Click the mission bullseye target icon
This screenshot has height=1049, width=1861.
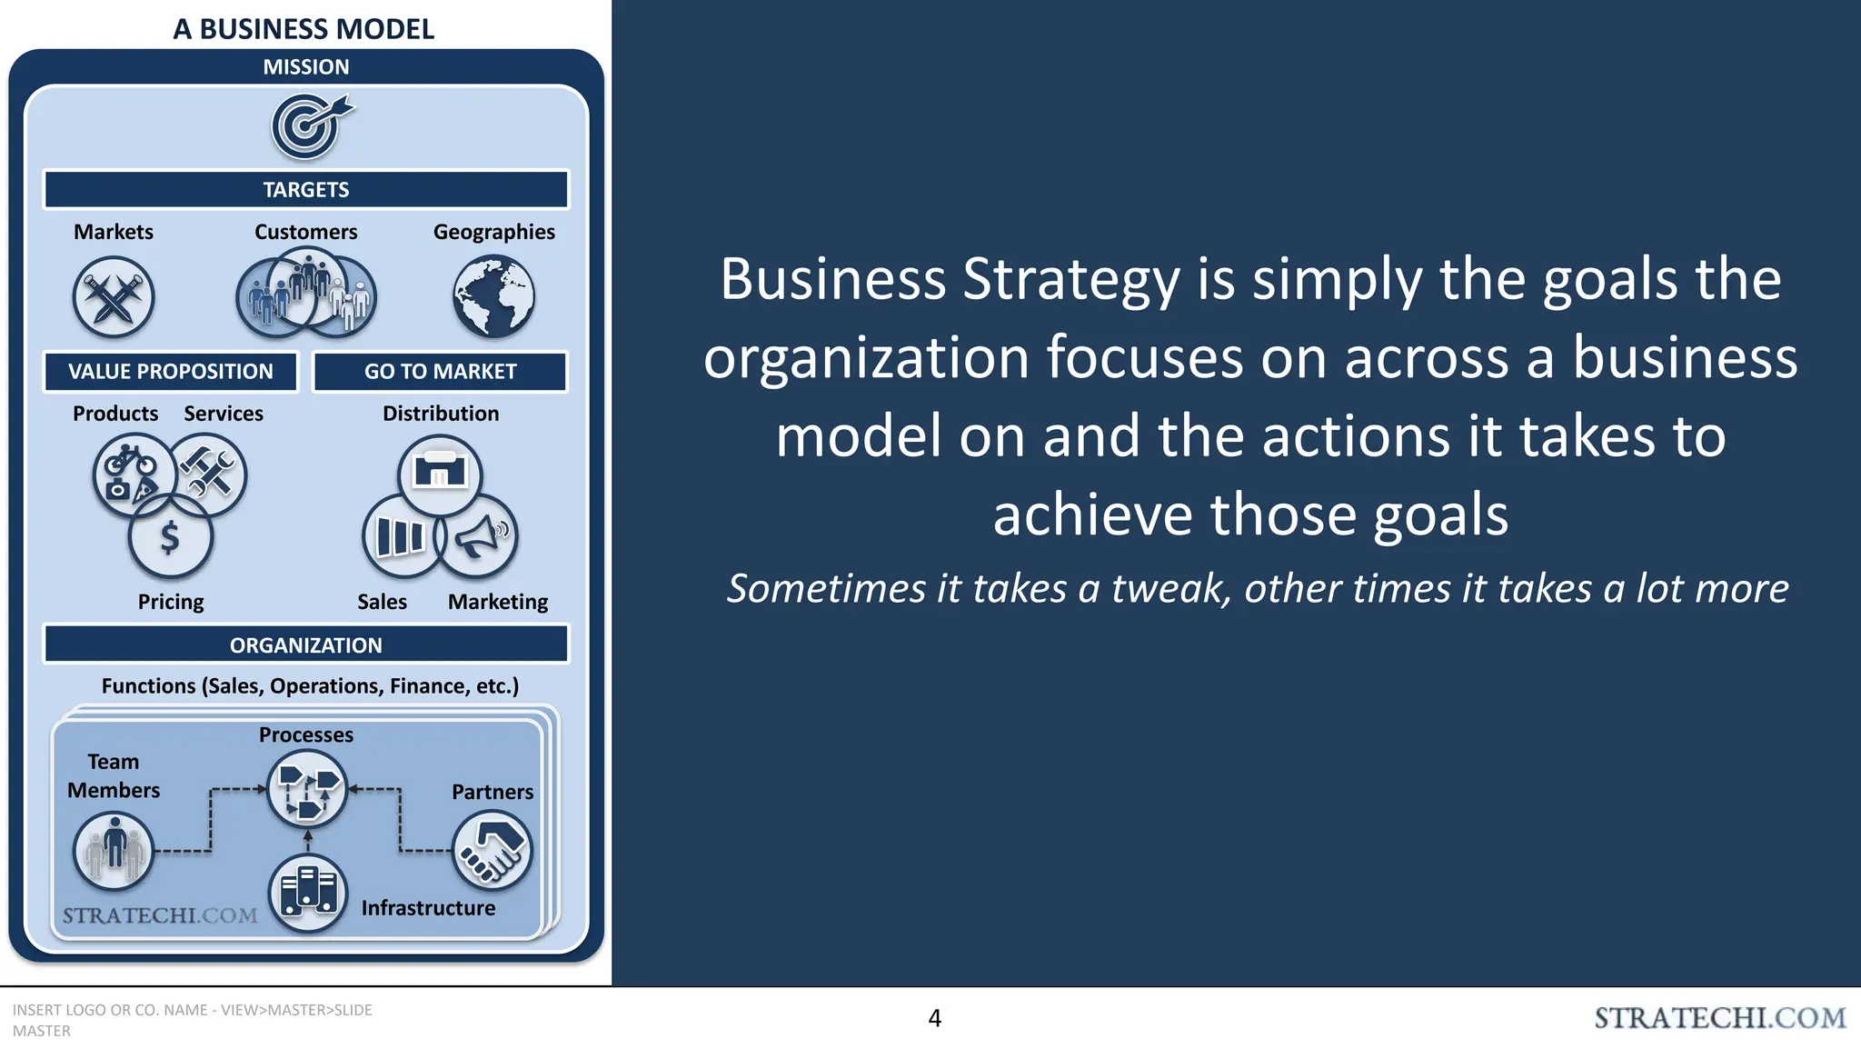308,127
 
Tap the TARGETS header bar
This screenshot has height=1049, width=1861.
306,190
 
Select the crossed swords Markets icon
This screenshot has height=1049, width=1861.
114,296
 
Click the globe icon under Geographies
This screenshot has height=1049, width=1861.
493,296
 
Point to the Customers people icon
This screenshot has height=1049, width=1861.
306,293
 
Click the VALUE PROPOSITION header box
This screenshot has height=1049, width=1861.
171,372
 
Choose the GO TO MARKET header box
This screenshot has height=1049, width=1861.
441,372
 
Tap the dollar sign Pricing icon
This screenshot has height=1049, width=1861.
170,537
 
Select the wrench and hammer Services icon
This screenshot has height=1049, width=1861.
208,474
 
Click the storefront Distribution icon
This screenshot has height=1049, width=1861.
440,474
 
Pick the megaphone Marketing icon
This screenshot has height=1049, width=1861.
478,537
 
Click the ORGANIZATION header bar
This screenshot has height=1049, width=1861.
306,645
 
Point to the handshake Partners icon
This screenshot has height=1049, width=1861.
492,851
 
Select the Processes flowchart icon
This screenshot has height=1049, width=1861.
307,788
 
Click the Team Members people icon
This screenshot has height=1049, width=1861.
114,851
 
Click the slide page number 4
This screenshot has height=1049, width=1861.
934,1018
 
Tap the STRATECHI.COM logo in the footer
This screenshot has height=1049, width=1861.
1720,1018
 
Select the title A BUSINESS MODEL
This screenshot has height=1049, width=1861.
304,29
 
